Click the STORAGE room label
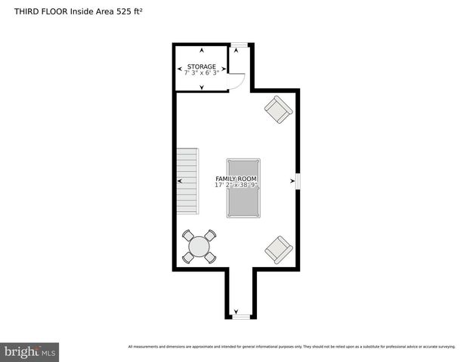pos(202,66)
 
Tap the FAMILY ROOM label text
pos(236,179)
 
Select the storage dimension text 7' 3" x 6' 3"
pos(202,72)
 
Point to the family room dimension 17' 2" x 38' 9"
pos(236,185)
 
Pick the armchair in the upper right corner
pos(277,110)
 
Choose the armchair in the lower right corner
pos(278,250)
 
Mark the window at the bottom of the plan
pos(240,317)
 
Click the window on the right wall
pos(298,182)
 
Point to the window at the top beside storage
pos(238,44)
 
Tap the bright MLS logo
pos(29,351)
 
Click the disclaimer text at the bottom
pos(292,347)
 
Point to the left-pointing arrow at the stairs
pos(179,181)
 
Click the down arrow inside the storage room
pos(202,87)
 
